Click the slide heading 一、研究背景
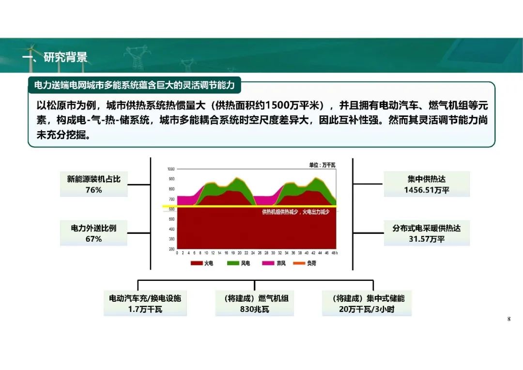click(x=55, y=57)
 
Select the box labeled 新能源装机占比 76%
click(x=94, y=184)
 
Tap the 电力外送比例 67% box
click(x=94, y=233)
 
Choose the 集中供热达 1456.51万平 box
click(x=427, y=184)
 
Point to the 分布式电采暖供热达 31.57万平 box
click(x=427, y=233)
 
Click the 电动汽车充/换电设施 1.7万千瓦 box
click(x=145, y=303)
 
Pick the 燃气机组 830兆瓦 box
click(x=255, y=303)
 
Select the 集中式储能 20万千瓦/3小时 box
click(x=367, y=303)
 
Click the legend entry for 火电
click(x=202, y=263)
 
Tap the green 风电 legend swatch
click(x=233, y=263)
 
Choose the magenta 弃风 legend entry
click(x=274, y=263)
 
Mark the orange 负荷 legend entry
click(x=305, y=263)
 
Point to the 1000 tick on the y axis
click(x=171, y=169)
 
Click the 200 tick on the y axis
click(x=172, y=249)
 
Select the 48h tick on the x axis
click(x=334, y=253)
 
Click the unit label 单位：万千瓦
click(x=322, y=165)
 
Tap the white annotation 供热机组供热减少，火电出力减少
click(x=295, y=212)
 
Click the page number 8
click(x=508, y=319)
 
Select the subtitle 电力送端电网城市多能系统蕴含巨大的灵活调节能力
click(x=135, y=85)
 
